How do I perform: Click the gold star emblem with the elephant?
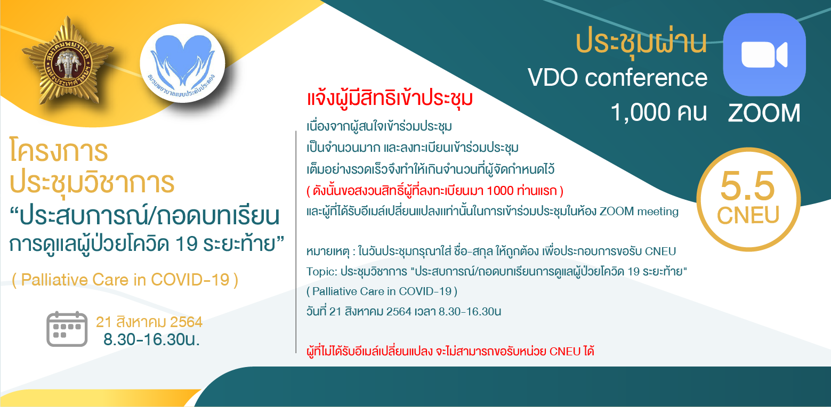pos(68,61)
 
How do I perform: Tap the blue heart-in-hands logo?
pos(182,63)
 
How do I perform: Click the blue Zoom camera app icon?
pos(764,54)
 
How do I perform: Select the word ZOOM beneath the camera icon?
pos(764,113)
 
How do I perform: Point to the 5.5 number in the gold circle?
pos(747,186)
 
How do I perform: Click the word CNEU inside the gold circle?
pos(748,215)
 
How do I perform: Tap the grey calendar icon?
pos(67,329)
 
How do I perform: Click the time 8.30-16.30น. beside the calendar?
pos(151,339)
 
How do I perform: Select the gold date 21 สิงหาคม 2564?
pos(149,322)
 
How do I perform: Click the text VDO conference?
pos(618,78)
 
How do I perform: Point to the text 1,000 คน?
pos(659,112)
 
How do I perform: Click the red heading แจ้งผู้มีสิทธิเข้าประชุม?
pos(390,99)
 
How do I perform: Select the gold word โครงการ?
pos(59,151)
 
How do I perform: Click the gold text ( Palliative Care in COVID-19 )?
pos(125,280)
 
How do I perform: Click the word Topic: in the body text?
pos(321,272)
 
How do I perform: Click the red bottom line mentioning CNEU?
pos(450,351)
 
